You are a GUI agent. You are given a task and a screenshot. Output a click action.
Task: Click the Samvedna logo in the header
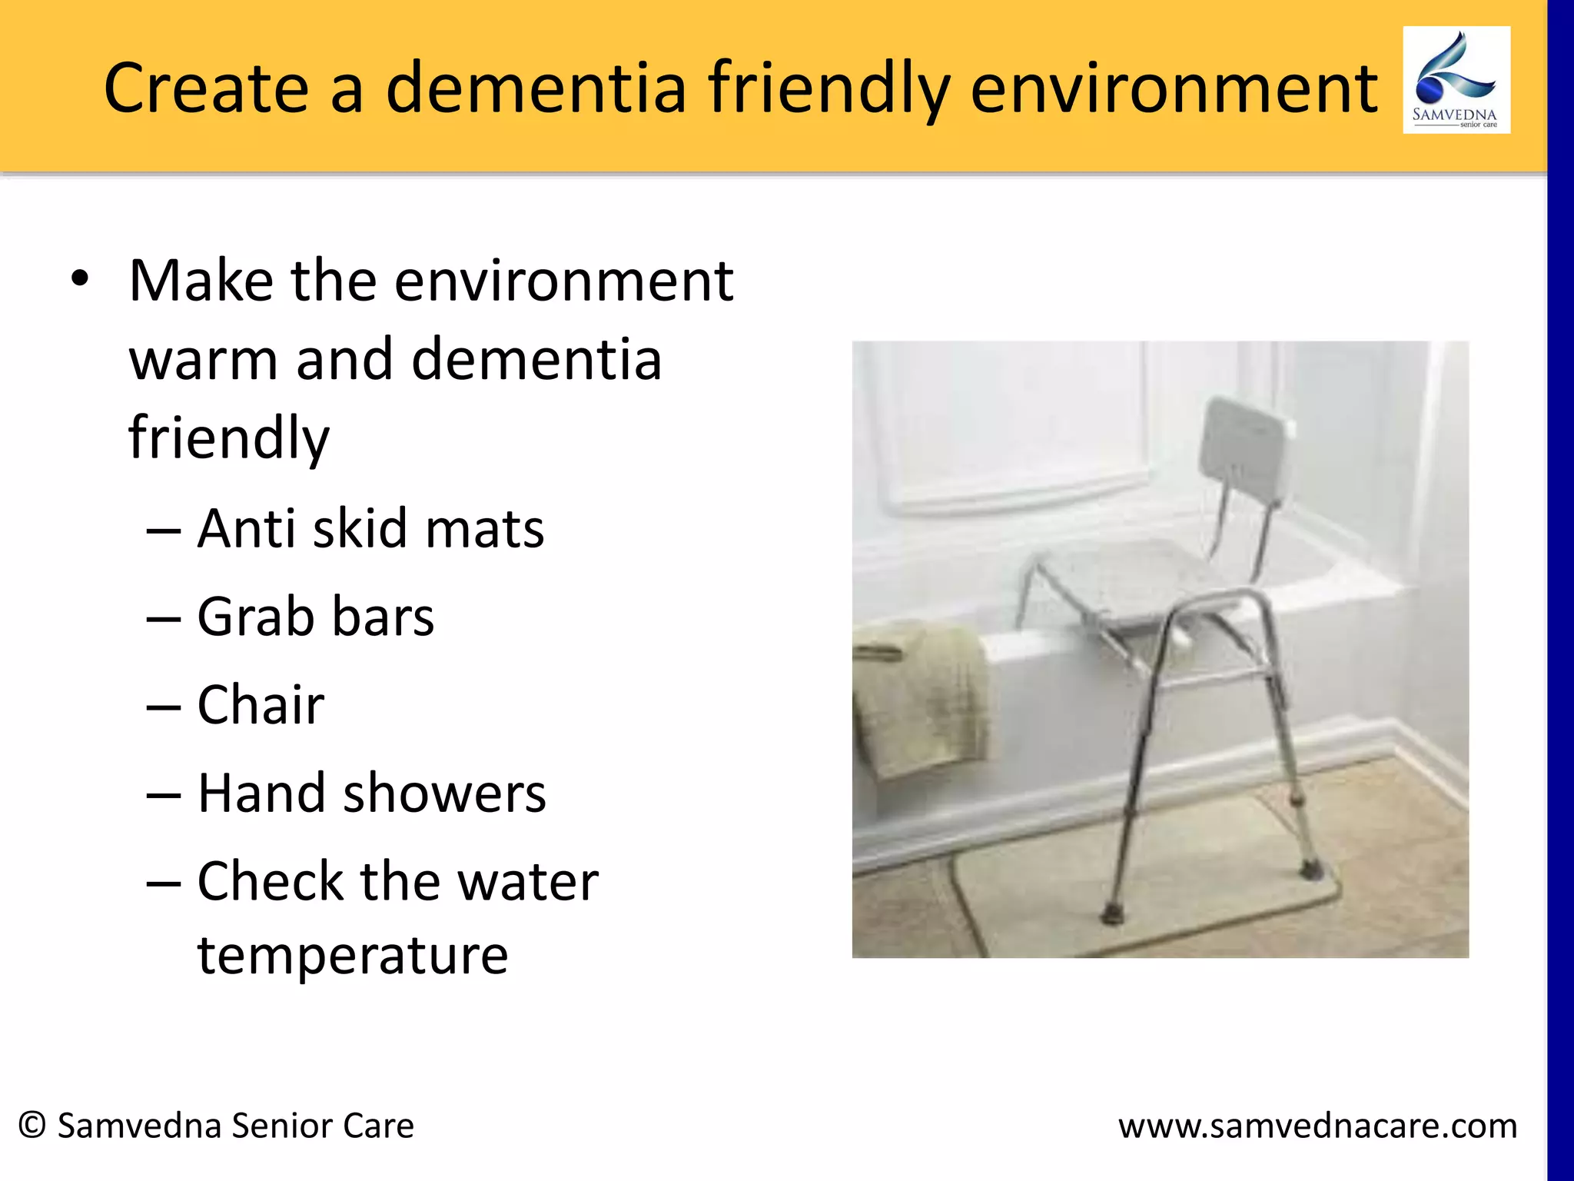tap(1456, 80)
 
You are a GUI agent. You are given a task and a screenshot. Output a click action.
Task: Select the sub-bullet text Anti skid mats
tap(370, 529)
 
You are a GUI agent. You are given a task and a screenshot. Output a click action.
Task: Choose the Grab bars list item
tap(315, 617)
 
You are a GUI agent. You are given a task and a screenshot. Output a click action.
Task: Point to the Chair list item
tap(261, 705)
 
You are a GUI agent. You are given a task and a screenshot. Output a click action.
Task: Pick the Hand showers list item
tap(371, 793)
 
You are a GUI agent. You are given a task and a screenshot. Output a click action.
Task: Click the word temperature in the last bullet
tap(353, 955)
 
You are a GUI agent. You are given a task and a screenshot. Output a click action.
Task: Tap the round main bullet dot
tap(80, 279)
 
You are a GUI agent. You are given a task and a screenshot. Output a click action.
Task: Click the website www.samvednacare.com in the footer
tap(1317, 1126)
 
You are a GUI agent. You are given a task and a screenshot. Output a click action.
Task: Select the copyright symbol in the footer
tap(32, 1126)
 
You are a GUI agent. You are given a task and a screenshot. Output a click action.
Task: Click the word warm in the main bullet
tap(204, 360)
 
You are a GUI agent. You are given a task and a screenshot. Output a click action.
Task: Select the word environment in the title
tap(1174, 88)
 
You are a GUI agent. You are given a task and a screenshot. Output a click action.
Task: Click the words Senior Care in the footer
tap(322, 1126)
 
